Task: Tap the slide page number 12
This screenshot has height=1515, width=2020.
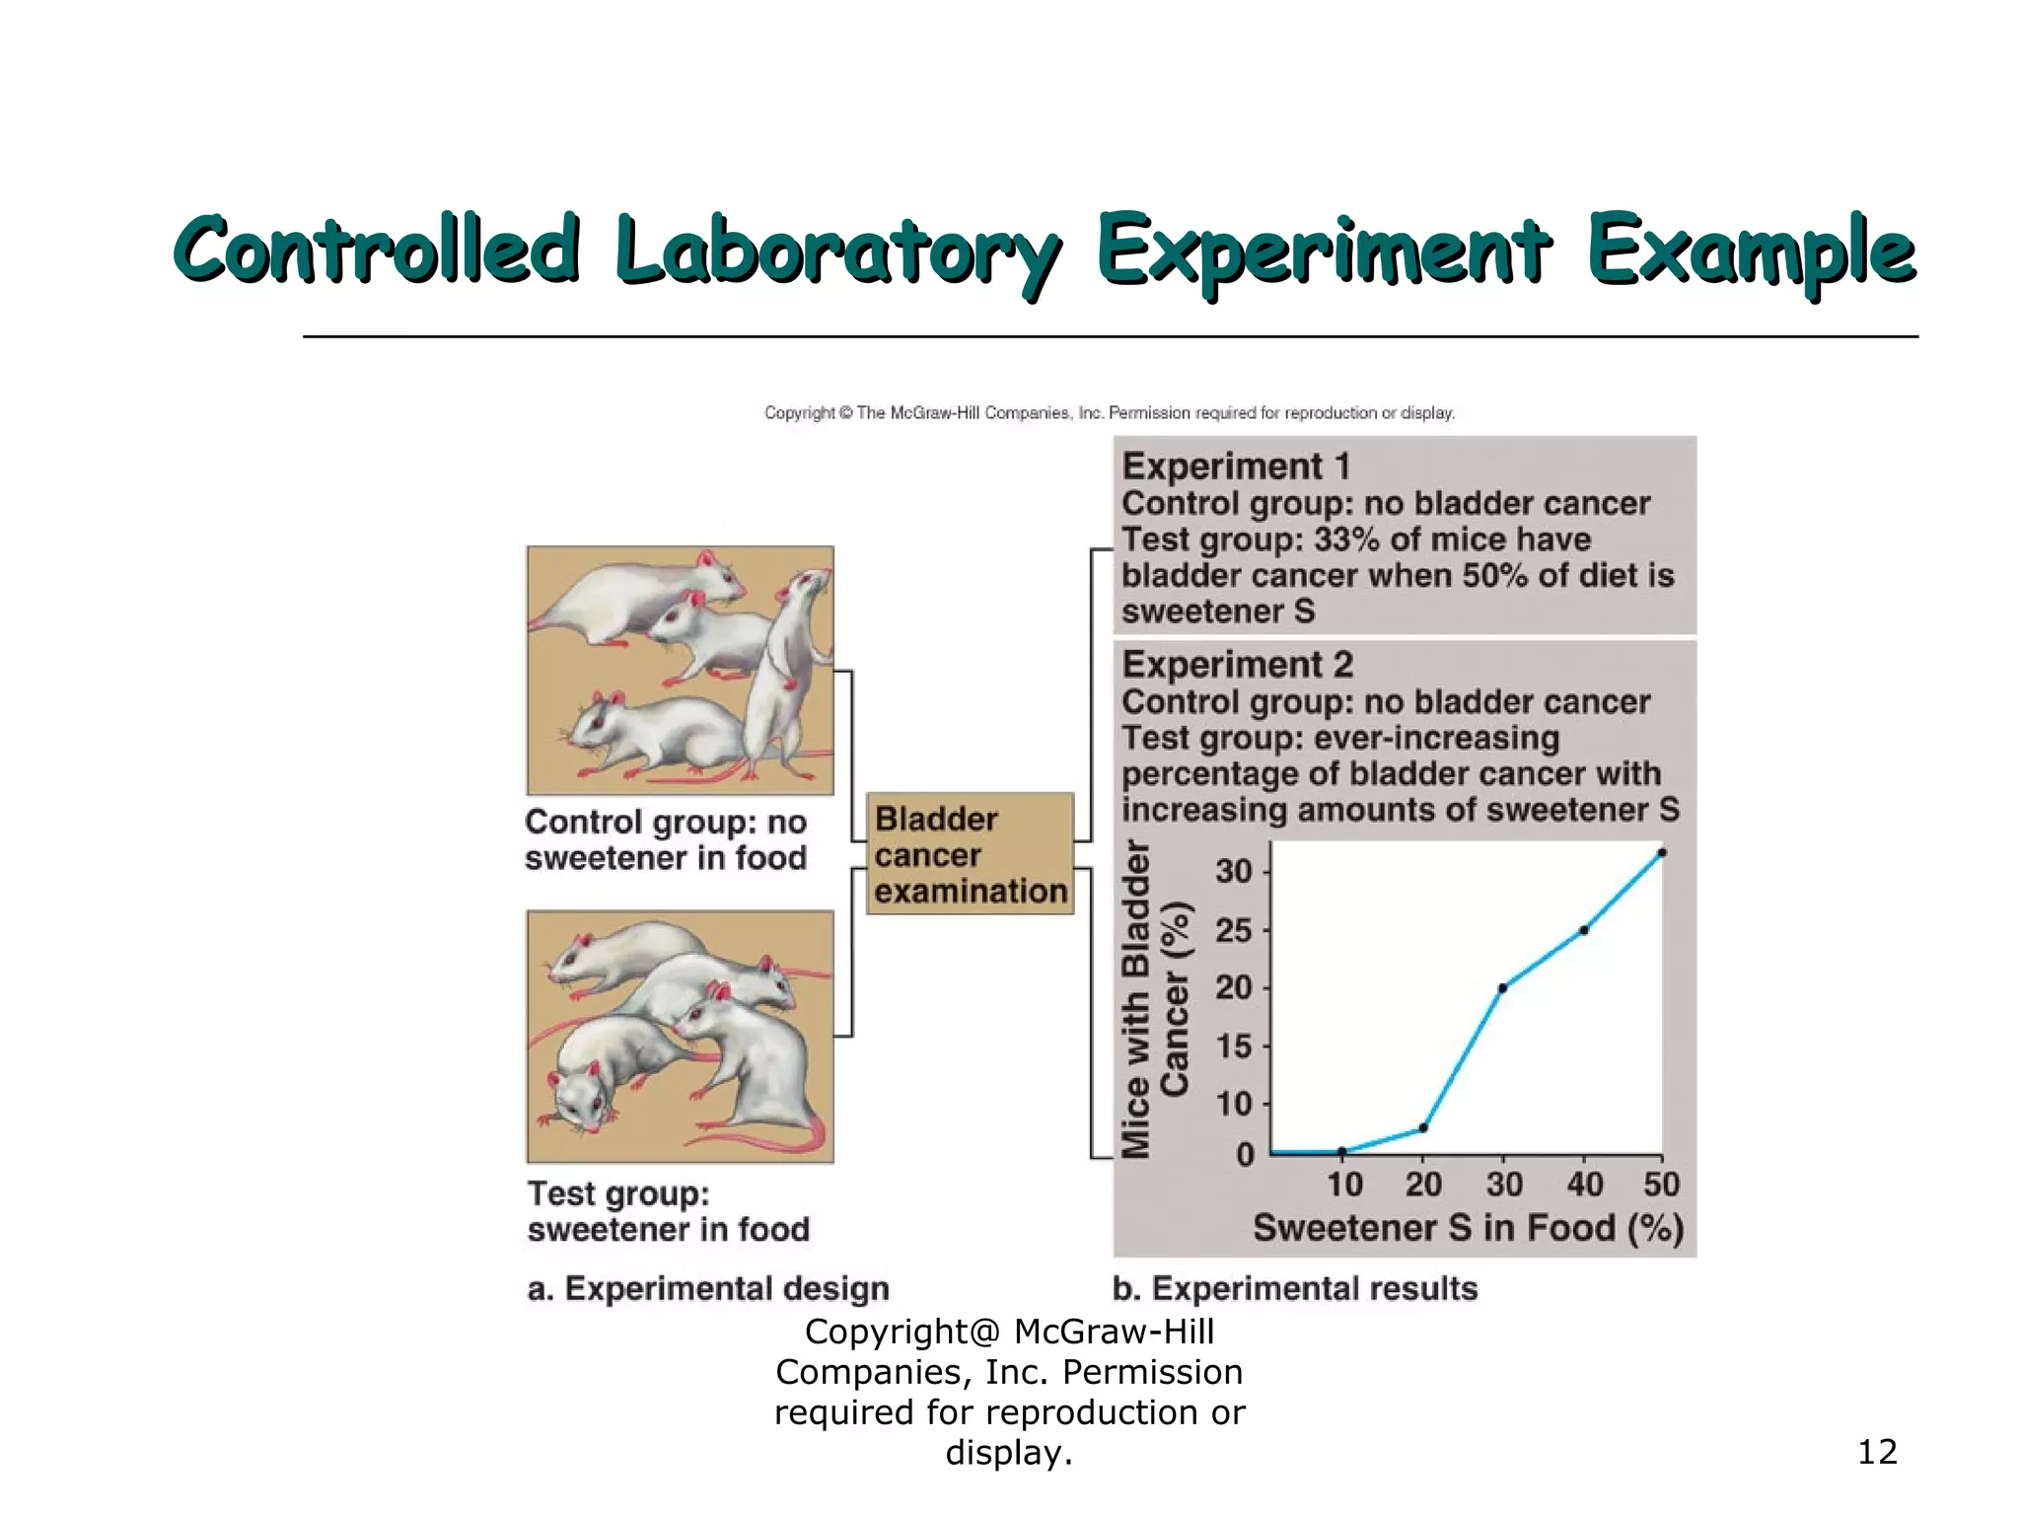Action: tap(1876, 1452)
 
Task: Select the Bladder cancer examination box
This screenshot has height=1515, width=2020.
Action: tap(970, 854)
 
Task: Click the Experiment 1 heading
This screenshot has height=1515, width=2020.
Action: tap(1236, 467)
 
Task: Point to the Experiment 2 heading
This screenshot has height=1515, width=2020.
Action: tap(1237, 665)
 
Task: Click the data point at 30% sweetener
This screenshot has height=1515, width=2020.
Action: tap(1502, 988)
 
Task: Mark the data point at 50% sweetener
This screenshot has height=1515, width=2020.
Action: tap(1662, 853)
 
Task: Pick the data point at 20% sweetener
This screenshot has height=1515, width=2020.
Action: tap(1422, 1127)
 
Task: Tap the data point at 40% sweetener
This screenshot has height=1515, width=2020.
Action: tap(1583, 930)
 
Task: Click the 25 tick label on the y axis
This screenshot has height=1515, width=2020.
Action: tap(1233, 930)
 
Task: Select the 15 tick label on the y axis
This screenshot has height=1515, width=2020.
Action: tap(1233, 1046)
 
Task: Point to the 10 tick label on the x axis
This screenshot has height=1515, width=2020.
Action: tap(1344, 1184)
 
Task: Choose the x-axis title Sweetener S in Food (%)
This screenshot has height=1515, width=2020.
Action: tap(1468, 1228)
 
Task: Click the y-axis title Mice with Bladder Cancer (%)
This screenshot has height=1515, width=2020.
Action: tap(1155, 998)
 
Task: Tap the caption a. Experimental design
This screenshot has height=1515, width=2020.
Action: tap(708, 1288)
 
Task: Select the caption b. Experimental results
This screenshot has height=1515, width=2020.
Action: tap(1295, 1288)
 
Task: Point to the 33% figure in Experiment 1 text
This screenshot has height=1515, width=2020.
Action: tap(1345, 540)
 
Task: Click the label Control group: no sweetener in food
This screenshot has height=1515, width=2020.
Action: tap(666, 839)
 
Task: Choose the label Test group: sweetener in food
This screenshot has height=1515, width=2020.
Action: tap(668, 1211)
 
